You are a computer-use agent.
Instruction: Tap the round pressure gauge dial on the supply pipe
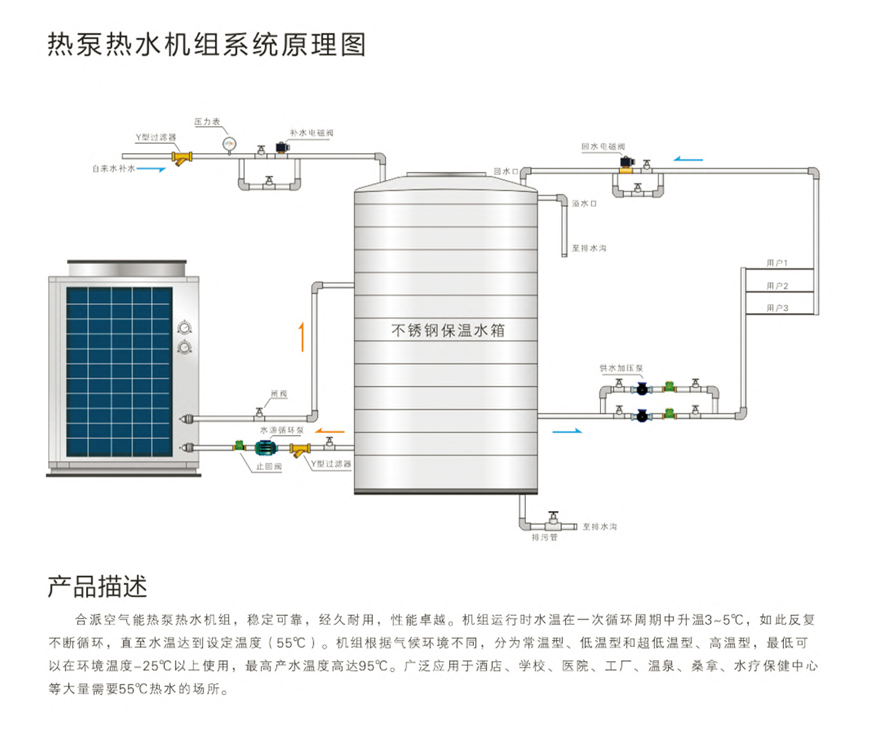(230, 142)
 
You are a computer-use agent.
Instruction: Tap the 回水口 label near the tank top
(505, 171)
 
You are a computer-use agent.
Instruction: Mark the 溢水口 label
(585, 204)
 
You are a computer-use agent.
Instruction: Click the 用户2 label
(778, 285)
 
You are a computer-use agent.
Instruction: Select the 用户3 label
(778, 308)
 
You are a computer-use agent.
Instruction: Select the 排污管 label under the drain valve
(544, 539)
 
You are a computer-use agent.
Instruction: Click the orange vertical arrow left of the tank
(300, 338)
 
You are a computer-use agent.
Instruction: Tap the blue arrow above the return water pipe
(690, 157)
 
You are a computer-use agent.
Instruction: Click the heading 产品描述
(98, 585)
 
